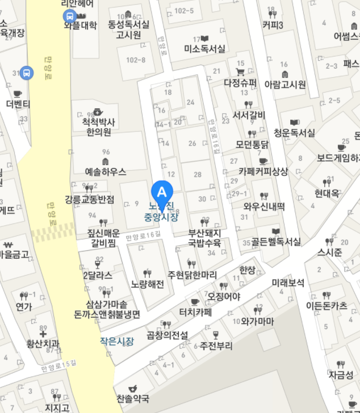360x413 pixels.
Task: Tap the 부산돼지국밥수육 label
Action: pos(204,238)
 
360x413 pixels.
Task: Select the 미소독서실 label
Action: pos(204,49)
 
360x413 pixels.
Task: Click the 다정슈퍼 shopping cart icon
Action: pos(240,72)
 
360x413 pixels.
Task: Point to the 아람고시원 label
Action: pos(285,85)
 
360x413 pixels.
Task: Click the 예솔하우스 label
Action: pos(105,171)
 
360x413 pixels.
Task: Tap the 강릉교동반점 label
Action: pos(90,199)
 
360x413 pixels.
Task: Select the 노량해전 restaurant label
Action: pos(147,284)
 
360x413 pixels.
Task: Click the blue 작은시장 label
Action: pos(117,341)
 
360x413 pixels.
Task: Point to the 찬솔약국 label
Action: pos(133,398)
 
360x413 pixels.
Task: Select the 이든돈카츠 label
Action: pos(326,305)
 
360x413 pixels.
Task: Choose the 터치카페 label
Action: pos(195,312)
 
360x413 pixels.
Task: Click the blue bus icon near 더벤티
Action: pos(26,73)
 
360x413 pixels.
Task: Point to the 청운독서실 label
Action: pos(294,133)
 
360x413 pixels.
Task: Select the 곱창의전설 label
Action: pos(167,335)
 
